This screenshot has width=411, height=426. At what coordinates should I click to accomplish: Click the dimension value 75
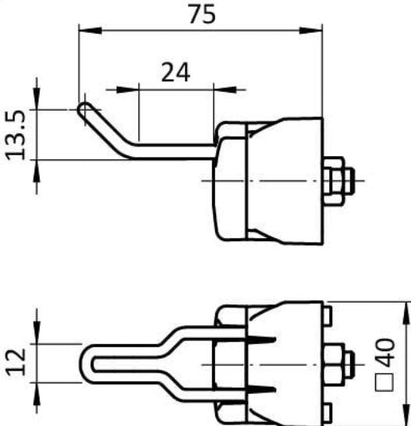(202, 14)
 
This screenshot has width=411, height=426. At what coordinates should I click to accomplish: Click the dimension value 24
(175, 73)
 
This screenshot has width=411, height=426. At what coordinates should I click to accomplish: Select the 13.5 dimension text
(16, 135)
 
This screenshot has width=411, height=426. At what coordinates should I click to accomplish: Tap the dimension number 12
(16, 363)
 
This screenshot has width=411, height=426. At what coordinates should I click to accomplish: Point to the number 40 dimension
(386, 353)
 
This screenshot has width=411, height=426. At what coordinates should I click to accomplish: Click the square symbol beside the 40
(384, 382)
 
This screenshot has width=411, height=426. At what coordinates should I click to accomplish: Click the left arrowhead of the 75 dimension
(90, 30)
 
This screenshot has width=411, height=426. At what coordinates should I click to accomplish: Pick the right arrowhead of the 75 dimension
(310, 30)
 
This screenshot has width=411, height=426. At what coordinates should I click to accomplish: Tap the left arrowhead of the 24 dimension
(127, 90)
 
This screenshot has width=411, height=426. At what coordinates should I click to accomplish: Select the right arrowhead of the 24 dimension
(225, 90)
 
